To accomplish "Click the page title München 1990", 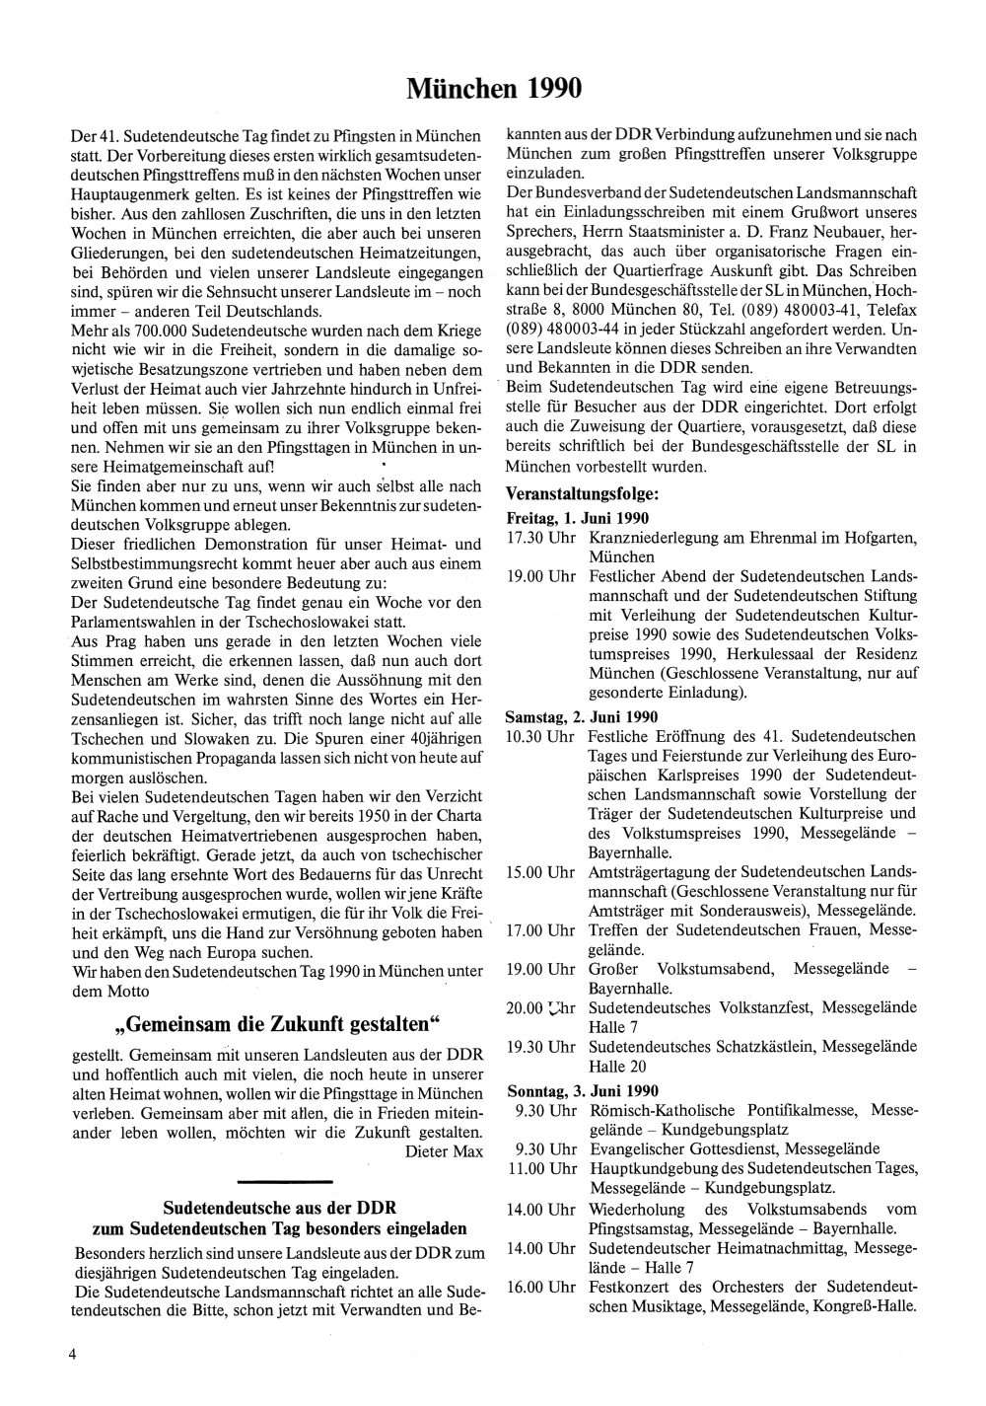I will click(x=493, y=89).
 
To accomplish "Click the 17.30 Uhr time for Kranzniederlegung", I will click(x=540, y=538).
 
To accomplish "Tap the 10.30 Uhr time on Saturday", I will click(x=539, y=736).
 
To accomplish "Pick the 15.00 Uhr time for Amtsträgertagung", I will click(x=540, y=873).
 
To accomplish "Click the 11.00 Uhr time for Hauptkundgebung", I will click(x=541, y=1169).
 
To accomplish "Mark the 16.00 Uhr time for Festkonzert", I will click(x=540, y=1288).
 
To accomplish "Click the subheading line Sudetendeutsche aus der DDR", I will click(x=279, y=1208).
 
